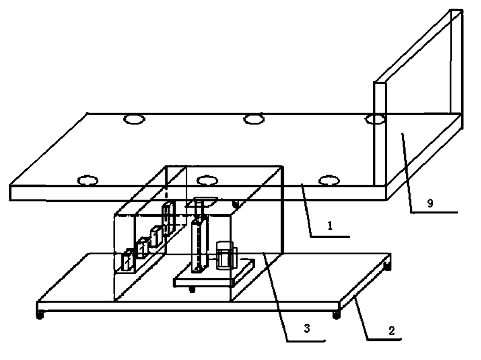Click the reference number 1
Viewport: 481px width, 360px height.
pyautogui.click(x=330, y=227)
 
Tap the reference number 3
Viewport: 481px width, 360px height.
pyautogui.click(x=307, y=329)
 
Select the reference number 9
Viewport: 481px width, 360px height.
pyautogui.click(x=430, y=204)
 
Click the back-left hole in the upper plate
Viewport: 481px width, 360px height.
pyautogui.click(x=134, y=119)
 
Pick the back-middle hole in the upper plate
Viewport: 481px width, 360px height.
pyautogui.click(x=254, y=119)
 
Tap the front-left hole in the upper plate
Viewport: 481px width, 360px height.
pyautogui.click(x=88, y=180)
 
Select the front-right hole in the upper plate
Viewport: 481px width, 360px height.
pyautogui.click(x=329, y=180)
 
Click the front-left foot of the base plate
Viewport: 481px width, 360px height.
pyautogui.click(x=39, y=315)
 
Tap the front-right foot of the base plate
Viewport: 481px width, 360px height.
pyautogui.click(x=336, y=315)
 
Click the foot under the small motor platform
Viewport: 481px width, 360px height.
pyautogui.click(x=192, y=289)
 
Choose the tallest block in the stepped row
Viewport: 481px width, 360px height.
pyautogui.click(x=168, y=218)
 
